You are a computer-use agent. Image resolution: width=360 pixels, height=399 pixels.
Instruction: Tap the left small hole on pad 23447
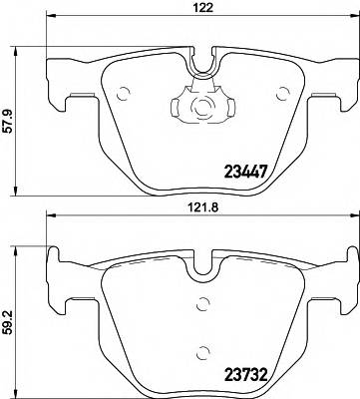pos(124,96)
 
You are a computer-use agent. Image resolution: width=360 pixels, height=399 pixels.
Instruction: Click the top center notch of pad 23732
pos(203,267)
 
